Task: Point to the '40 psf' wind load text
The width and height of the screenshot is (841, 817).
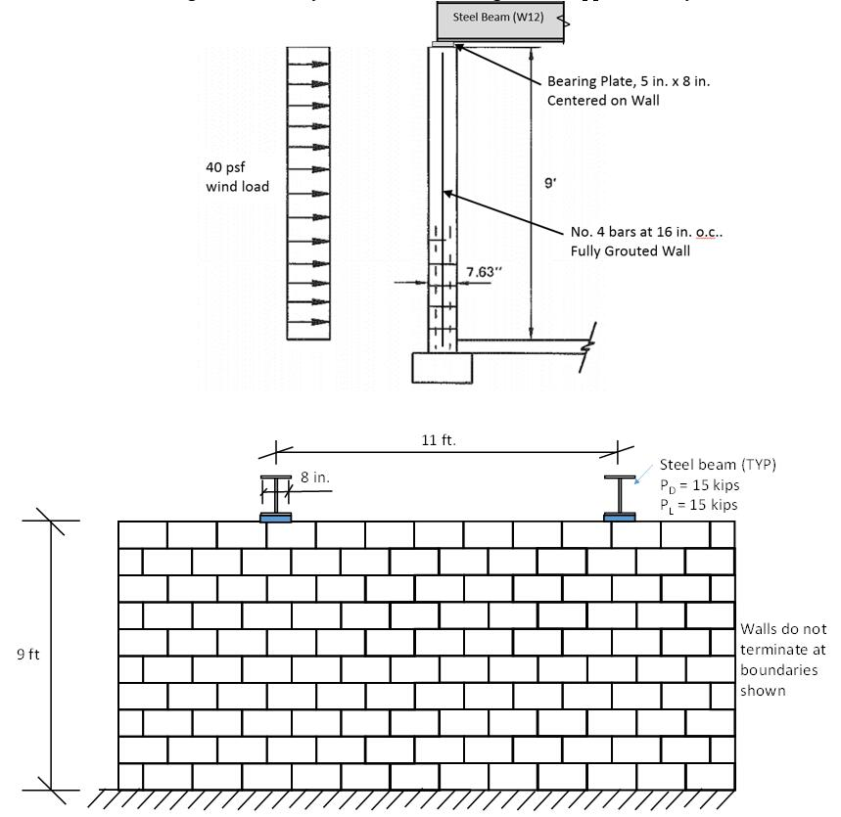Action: click(226, 167)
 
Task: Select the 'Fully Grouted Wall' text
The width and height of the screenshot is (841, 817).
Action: click(627, 250)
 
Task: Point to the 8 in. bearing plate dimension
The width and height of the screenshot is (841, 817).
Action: click(313, 477)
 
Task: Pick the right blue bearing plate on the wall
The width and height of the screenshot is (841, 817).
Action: click(619, 517)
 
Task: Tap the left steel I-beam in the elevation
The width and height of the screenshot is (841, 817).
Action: click(277, 495)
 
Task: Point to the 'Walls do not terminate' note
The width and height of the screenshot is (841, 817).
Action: click(778, 650)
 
